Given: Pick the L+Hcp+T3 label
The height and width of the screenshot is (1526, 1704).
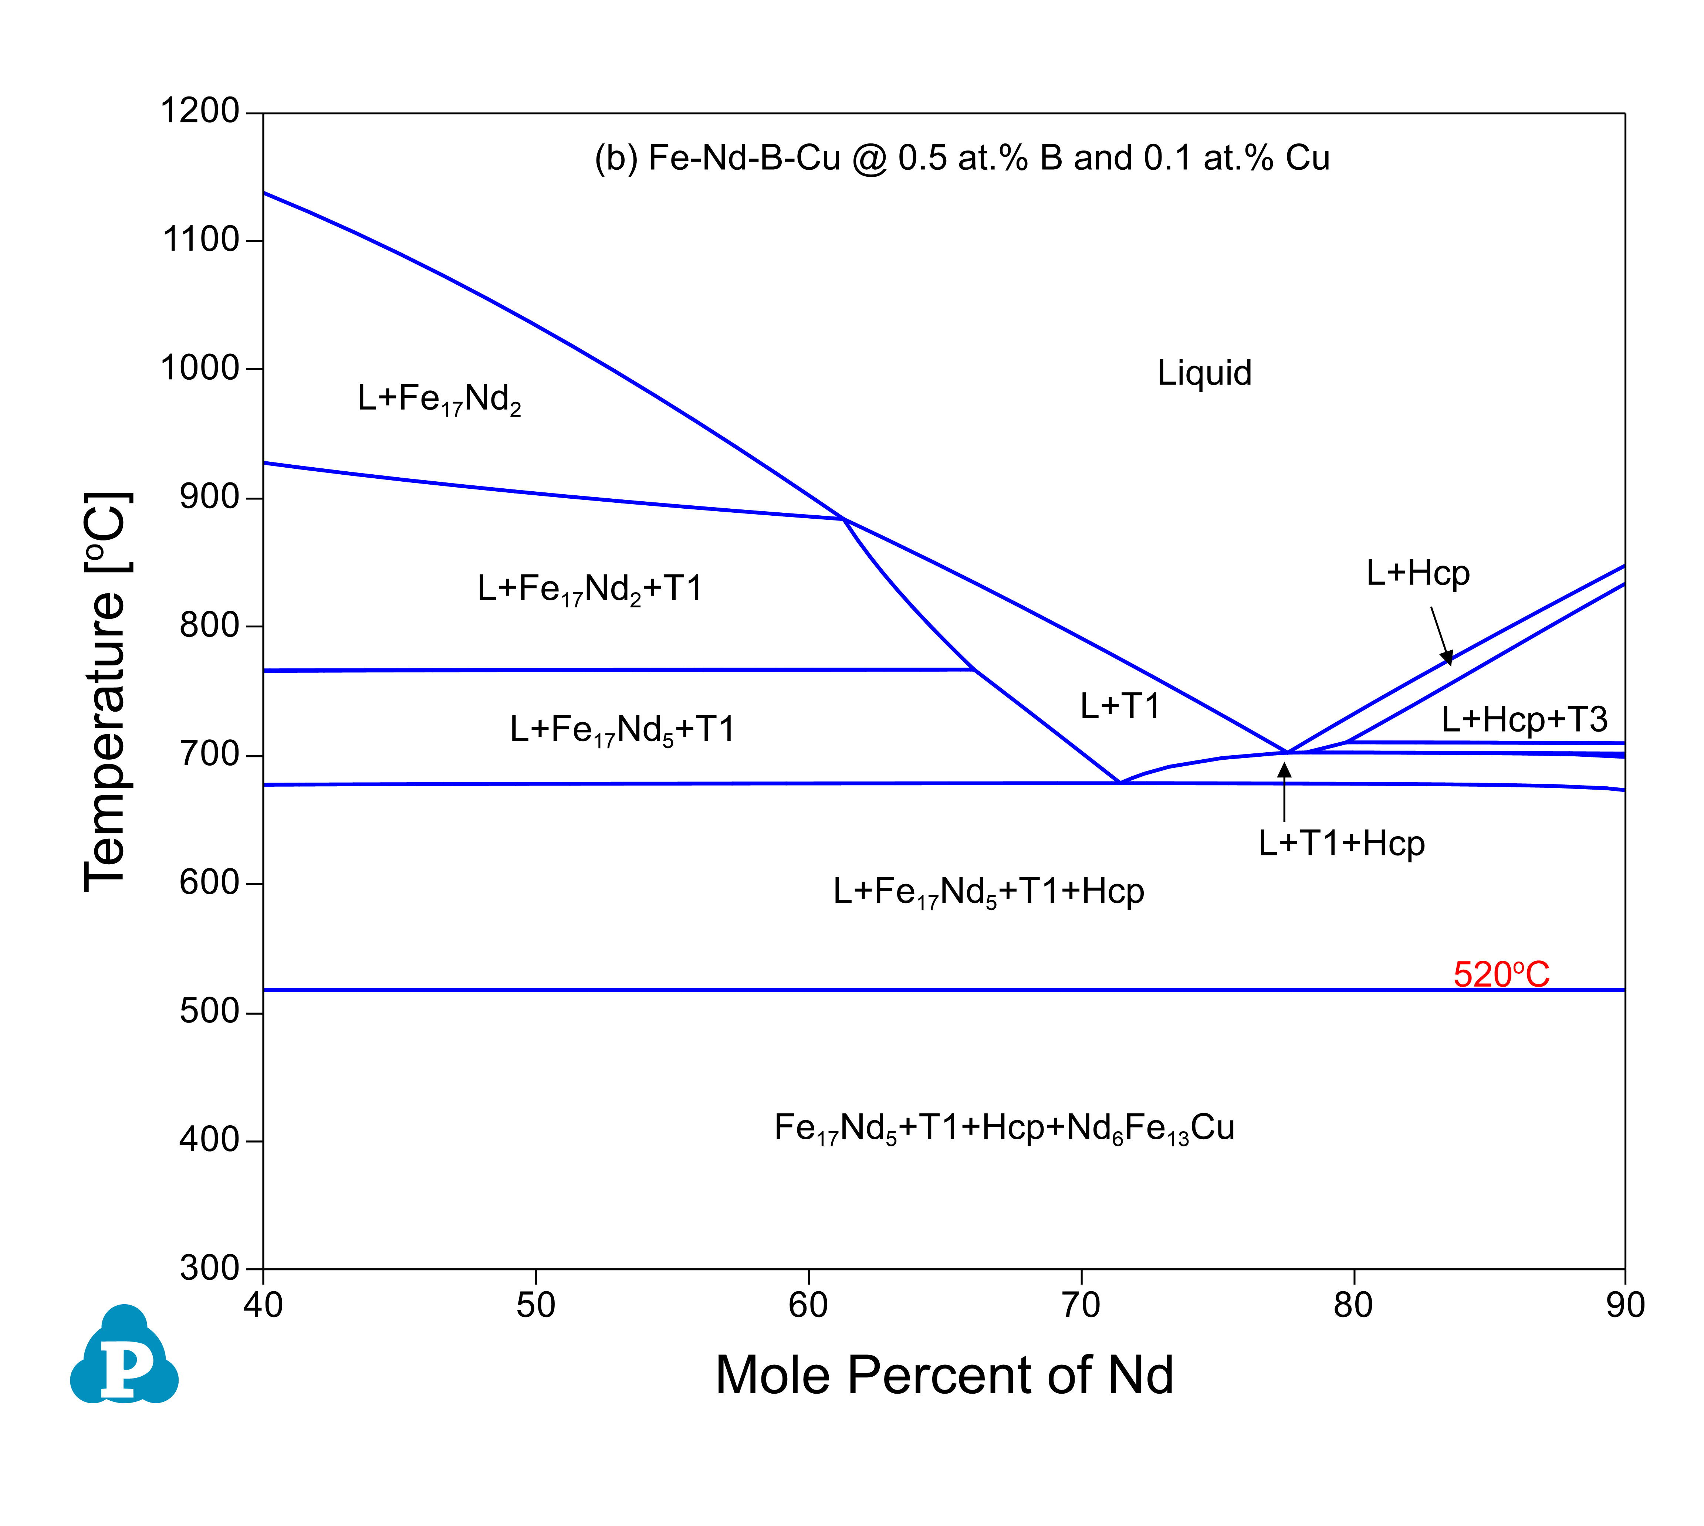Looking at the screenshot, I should click(x=1524, y=719).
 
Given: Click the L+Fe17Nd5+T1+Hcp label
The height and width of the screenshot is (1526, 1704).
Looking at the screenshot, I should click(x=988, y=891).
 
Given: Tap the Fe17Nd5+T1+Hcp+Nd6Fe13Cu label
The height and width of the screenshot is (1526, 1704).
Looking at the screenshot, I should click(x=1004, y=1128).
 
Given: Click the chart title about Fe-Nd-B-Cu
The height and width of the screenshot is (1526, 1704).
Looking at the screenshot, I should click(x=962, y=157).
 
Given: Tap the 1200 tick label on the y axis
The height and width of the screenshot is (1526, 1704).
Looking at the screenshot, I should click(x=200, y=111).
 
